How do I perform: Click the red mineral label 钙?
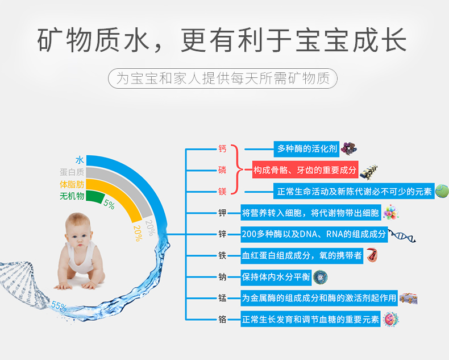point(222,149)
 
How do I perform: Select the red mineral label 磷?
point(222,170)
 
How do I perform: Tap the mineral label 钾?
point(222,213)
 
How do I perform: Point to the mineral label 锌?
point(222,234)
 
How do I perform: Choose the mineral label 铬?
point(222,319)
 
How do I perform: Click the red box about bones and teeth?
point(305,169)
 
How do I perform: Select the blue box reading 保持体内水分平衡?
point(276,277)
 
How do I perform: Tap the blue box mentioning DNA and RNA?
point(314,234)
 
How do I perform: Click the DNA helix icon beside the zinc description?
point(402,235)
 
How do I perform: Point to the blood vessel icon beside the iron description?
point(372,255)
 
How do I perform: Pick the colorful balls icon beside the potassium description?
point(390,212)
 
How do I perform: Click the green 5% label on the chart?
point(109,204)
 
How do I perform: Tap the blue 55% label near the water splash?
point(59,306)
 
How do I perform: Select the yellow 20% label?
point(138,233)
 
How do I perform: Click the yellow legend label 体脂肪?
point(72,184)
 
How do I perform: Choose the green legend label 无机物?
point(72,196)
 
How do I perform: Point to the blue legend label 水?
point(80,160)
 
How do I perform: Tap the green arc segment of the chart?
point(95,196)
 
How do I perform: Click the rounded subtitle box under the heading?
point(223,78)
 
